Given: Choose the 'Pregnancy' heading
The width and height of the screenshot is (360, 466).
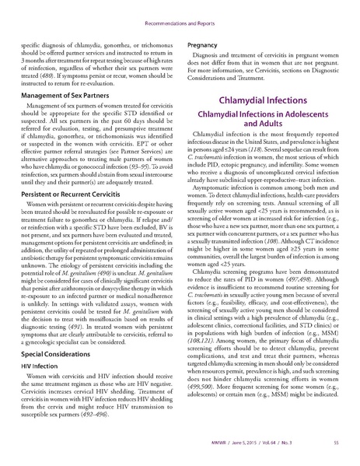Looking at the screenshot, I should coord(208,46).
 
